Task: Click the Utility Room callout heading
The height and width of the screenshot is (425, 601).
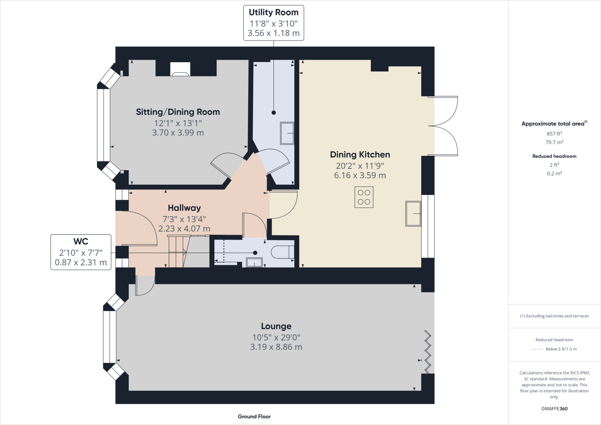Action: [274, 12]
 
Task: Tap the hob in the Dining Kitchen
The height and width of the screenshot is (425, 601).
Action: [364, 197]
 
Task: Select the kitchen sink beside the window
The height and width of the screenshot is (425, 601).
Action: [413, 214]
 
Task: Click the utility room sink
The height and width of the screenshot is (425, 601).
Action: [287, 133]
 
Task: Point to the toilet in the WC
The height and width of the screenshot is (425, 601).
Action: [282, 252]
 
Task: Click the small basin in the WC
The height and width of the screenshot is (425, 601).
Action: [254, 263]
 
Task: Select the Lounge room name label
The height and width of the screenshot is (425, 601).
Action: [276, 326]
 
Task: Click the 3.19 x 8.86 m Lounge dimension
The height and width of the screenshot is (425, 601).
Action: [276, 347]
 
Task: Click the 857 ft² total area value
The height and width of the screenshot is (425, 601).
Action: [554, 134]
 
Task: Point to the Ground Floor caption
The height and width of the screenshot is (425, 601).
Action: [254, 416]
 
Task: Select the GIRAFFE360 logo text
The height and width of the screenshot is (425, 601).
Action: [554, 409]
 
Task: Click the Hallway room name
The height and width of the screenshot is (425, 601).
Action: [184, 208]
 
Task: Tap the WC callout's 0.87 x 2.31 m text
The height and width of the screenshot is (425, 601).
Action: [81, 262]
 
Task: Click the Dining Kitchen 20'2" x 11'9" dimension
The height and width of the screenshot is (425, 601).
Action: [360, 166]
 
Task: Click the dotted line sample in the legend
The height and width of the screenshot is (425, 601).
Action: [537, 349]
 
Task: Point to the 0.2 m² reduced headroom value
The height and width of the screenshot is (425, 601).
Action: [554, 173]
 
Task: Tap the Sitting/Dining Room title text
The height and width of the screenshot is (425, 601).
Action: [178, 112]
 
